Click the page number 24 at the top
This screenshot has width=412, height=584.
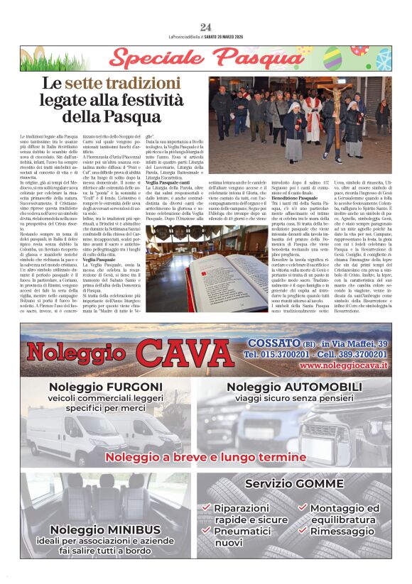pos(206,27)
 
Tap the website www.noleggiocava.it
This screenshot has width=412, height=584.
pos(344,365)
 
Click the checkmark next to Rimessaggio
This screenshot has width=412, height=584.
pos(303,531)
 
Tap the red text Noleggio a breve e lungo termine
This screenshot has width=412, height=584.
pos(206,458)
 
